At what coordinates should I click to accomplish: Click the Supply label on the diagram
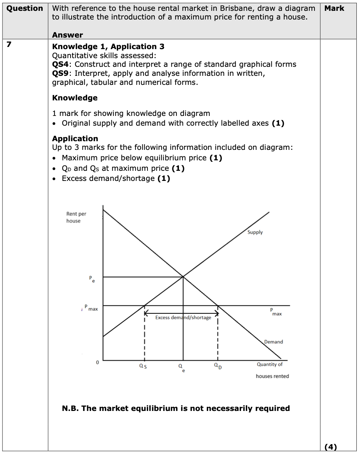pyautogui.click(x=255, y=232)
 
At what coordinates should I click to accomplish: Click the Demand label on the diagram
pyautogui.click(x=273, y=342)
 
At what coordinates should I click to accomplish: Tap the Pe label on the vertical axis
pyautogui.click(x=92, y=279)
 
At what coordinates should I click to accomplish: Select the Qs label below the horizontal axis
pyautogui.click(x=143, y=366)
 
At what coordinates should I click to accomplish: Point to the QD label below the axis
pyautogui.click(x=218, y=366)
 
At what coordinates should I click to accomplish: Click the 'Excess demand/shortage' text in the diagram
pyautogui.click(x=183, y=317)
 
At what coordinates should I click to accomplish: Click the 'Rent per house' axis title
pyautogui.click(x=76, y=217)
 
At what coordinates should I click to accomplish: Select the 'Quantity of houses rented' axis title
pyautogui.click(x=271, y=370)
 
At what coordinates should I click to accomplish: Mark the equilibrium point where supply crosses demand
pyautogui.click(x=183, y=277)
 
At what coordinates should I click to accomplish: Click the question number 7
pyautogui.click(x=9, y=45)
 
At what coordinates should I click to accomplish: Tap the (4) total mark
pyautogui.click(x=331, y=447)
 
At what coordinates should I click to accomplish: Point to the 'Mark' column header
pyautogui.click(x=334, y=8)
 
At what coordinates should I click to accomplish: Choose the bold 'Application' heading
pyautogui.click(x=75, y=139)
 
